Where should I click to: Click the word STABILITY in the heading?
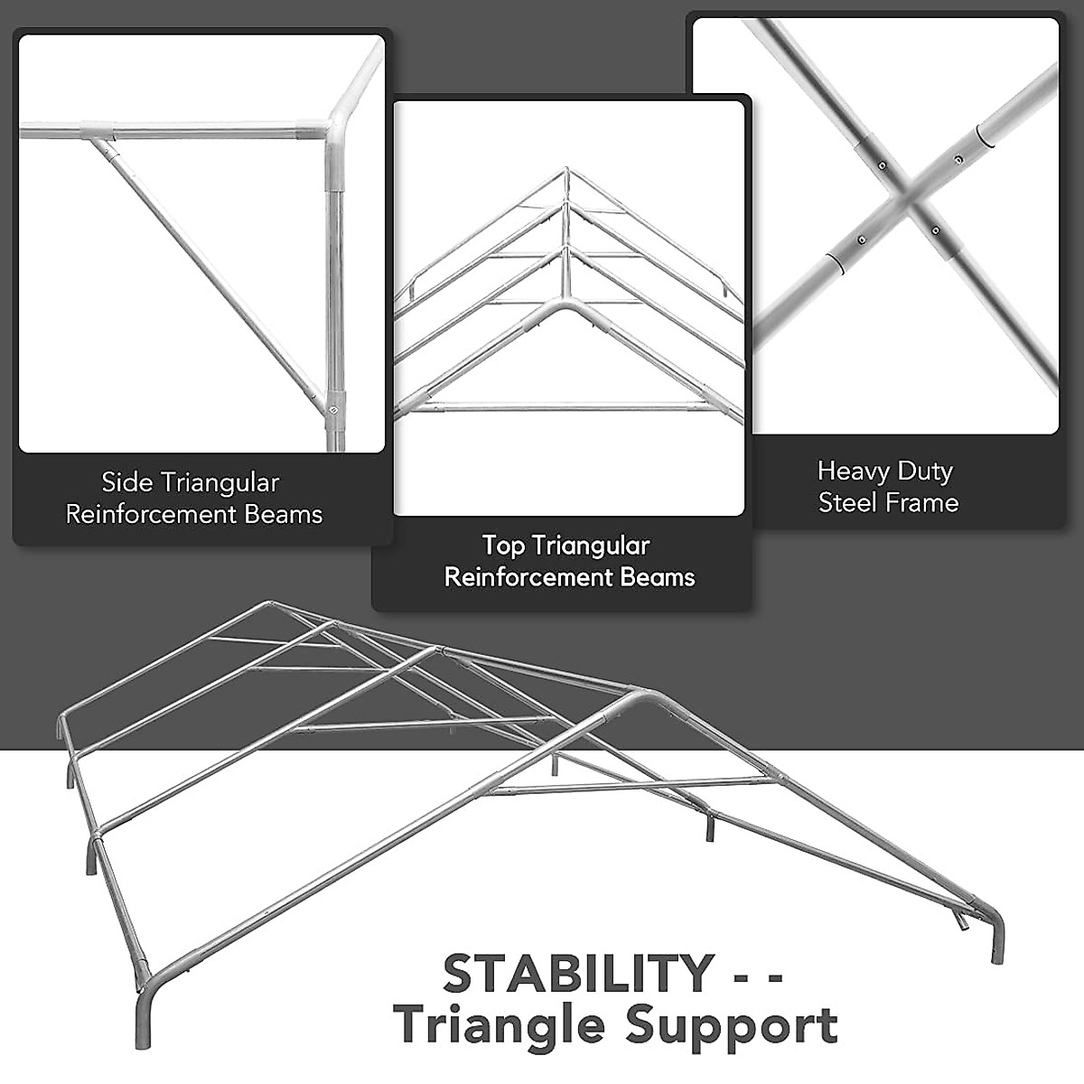(578, 973)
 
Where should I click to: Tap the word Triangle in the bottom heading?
(500, 1025)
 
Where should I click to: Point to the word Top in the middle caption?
(501, 546)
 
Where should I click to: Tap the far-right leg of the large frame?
(996, 939)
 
